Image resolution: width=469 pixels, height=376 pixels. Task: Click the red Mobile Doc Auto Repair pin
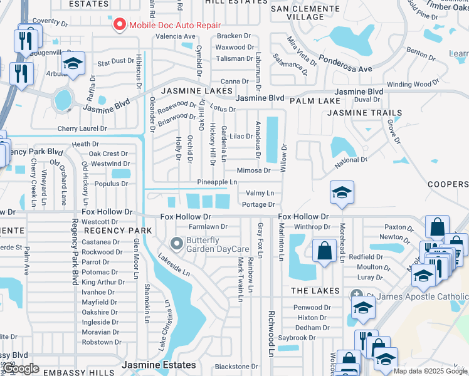(x=119, y=26)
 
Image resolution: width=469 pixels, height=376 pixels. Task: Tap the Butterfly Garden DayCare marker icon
(x=177, y=243)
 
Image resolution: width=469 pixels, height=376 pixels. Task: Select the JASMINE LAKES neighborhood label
(x=192, y=91)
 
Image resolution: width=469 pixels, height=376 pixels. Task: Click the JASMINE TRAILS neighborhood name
(x=365, y=113)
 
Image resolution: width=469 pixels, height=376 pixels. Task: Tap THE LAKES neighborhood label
(x=315, y=291)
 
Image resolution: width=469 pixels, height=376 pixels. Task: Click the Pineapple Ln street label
(x=217, y=182)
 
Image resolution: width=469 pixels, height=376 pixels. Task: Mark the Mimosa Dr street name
(x=253, y=170)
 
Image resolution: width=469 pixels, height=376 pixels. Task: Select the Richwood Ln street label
(x=271, y=333)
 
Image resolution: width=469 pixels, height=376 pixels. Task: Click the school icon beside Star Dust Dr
(x=73, y=65)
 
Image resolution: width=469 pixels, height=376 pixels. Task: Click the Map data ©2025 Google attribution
(x=430, y=371)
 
